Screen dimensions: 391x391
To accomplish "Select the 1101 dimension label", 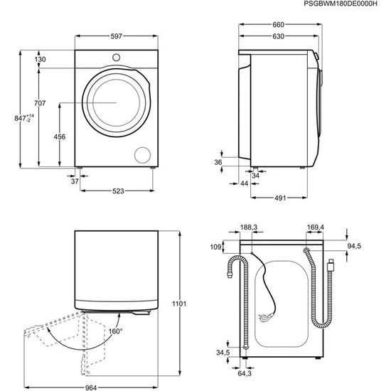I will point(180,304).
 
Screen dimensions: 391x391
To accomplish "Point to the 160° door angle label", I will point(115,331).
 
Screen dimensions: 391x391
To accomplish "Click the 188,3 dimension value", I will point(249,227).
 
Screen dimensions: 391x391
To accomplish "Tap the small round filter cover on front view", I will point(143,155).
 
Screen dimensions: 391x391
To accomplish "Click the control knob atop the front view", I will point(115,57).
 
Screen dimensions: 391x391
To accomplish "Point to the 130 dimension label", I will point(40,60).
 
